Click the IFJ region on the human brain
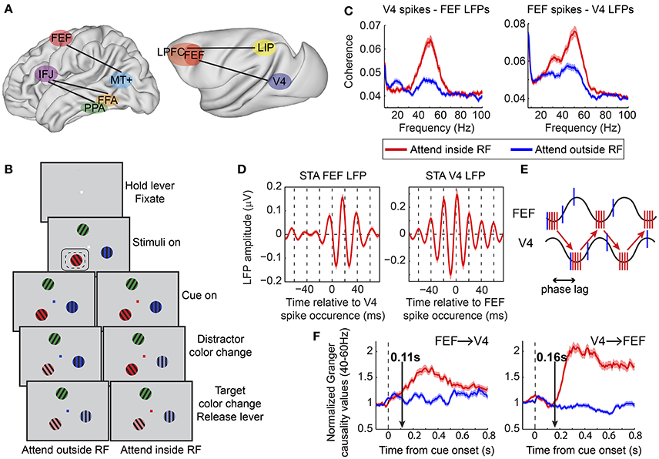(47, 75)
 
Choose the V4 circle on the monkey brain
(281, 79)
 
